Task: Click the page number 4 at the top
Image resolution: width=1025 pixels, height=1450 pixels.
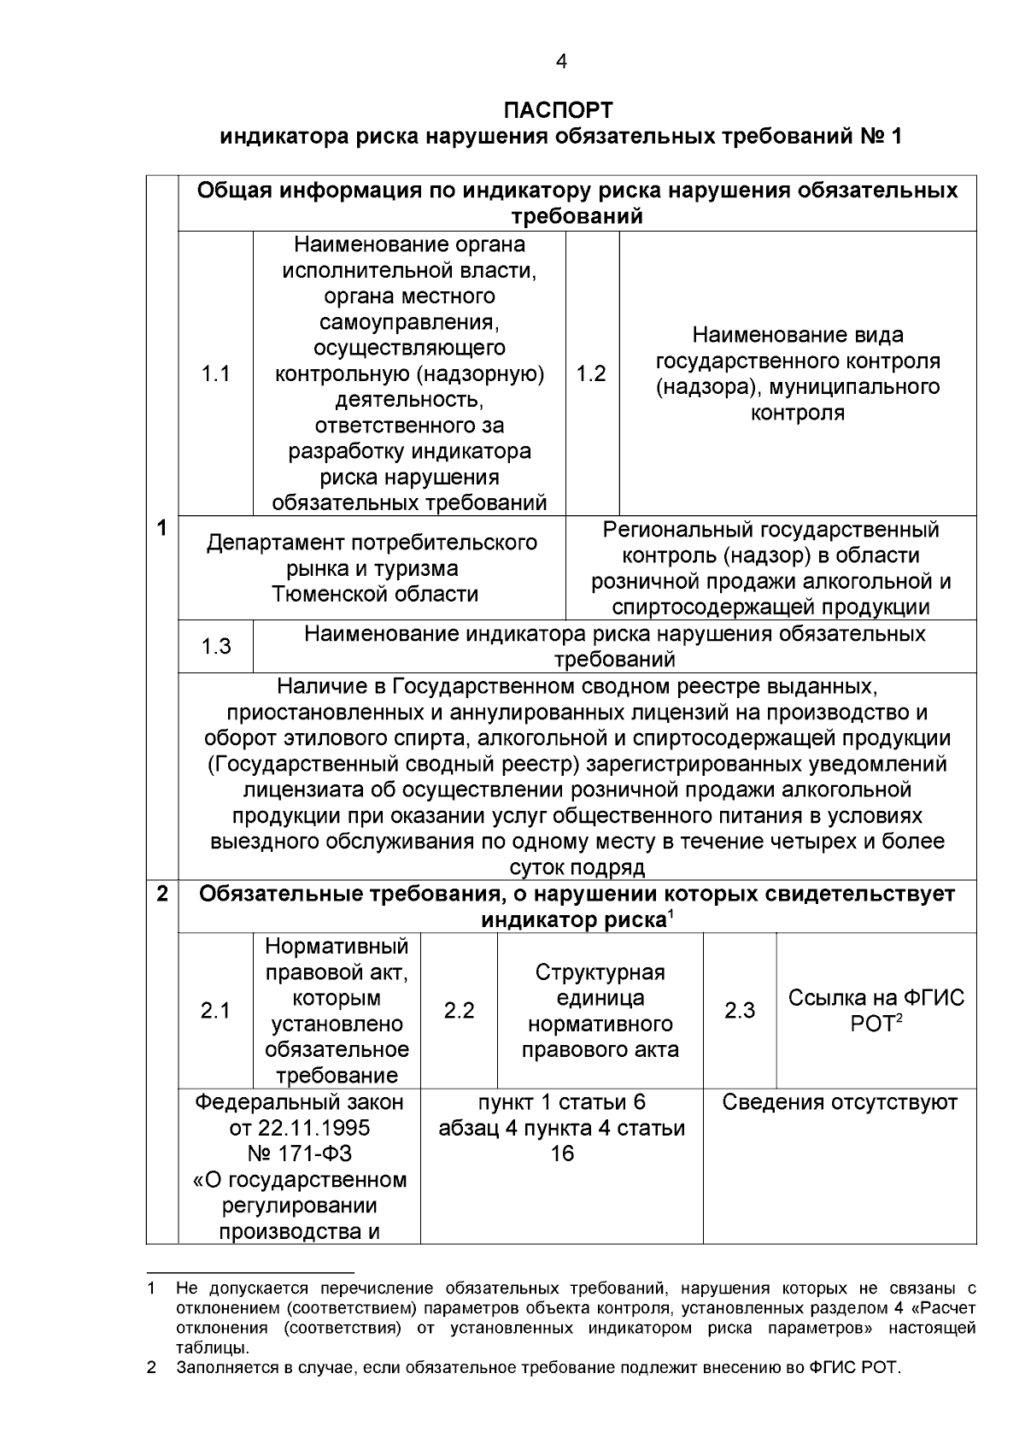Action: tap(560, 62)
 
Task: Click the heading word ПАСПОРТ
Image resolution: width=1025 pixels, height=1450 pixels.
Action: tap(559, 110)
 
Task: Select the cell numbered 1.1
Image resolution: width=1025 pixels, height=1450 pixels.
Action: tap(215, 373)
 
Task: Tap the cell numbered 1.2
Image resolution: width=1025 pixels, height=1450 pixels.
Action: tap(591, 373)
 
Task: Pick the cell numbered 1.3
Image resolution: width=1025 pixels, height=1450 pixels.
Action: tap(215, 646)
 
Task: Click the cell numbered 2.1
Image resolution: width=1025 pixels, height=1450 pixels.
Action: tap(215, 1011)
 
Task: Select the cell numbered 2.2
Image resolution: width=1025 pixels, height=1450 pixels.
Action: tap(459, 1011)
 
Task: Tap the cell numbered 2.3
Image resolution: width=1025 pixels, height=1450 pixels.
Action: tap(740, 1011)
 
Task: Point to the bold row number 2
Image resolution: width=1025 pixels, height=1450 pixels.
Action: tap(161, 895)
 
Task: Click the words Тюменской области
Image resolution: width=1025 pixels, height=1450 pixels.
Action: tap(375, 594)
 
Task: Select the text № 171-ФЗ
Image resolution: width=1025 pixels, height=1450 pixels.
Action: tap(300, 1154)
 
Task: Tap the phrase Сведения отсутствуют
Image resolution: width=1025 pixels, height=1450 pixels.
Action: tap(840, 1102)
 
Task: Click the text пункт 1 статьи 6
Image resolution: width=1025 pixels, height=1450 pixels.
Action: tap(561, 1102)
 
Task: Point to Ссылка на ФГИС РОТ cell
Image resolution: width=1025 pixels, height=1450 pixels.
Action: tap(876, 1011)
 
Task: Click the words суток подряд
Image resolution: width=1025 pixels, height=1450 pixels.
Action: tap(577, 868)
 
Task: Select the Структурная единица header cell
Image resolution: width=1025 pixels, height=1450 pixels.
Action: tap(600, 1011)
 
